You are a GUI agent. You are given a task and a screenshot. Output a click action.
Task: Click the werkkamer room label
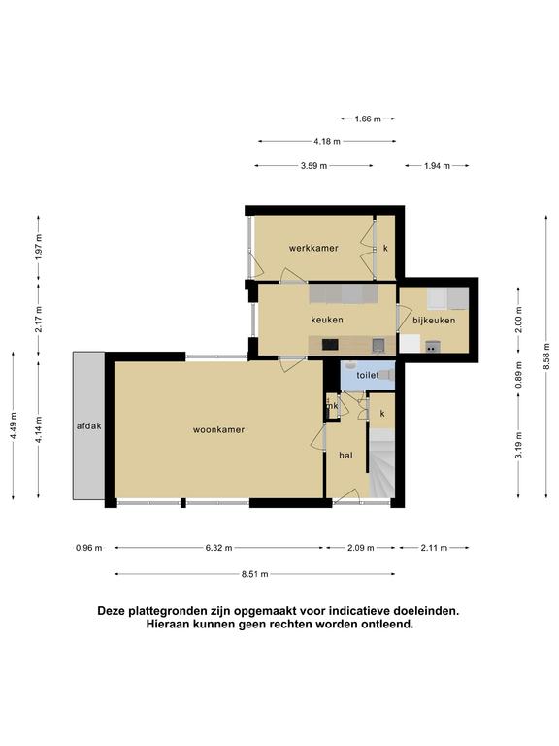pos(313,248)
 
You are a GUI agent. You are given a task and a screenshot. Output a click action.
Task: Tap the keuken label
pos(327,320)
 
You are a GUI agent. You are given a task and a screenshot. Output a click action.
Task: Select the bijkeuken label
pos(434,321)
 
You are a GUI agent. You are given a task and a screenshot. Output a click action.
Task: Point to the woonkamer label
pos(218,429)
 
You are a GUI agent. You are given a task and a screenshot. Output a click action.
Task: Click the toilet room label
pos(368,375)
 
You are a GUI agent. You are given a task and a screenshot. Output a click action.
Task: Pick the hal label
pos(346,456)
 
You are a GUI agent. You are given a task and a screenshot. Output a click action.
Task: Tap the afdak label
pos(89,426)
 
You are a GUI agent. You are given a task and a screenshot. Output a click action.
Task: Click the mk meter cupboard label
pos(332,406)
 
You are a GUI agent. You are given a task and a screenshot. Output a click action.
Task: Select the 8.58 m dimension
pos(546,356)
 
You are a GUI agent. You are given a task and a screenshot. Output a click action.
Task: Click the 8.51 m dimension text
pos(255,574)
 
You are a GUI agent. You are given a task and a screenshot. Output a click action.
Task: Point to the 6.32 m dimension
pos(218,548)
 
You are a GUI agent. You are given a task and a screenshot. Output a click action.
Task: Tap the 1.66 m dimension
pos(368,119)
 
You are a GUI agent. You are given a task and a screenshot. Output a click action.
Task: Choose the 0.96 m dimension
pos(89,548)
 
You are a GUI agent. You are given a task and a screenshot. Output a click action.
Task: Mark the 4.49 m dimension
pos(13,425)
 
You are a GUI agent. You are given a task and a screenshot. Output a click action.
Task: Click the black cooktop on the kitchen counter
pos(330,344)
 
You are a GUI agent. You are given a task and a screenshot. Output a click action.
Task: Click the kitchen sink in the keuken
pos(378,345)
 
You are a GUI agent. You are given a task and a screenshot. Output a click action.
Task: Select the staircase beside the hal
pos(382,463)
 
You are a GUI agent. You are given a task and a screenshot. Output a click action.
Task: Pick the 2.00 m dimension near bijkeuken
pos(519,320)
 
